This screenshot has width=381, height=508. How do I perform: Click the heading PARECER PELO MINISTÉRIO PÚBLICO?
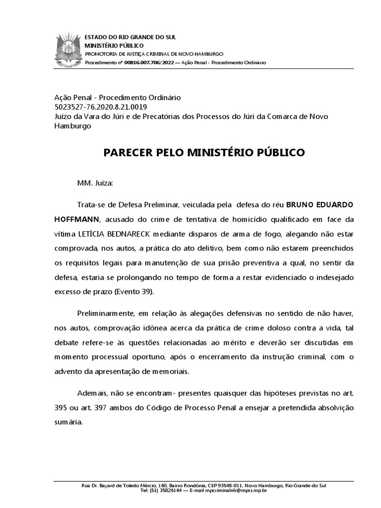(x=204, y=152)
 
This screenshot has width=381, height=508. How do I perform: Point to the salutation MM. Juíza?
(x=95, y=183)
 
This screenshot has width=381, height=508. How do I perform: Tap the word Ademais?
(x=92, y=392)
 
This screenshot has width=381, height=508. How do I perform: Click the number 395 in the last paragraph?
(x=61, y=408)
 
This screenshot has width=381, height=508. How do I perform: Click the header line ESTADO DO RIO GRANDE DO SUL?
(x=127, y=37)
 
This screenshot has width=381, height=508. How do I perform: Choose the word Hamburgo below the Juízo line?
(x=72, y=126)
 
